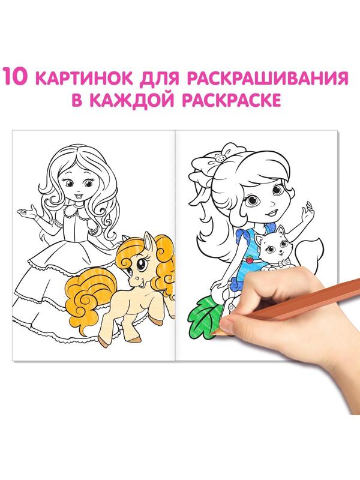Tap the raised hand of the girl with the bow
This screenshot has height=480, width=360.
(x=310, y=213)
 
